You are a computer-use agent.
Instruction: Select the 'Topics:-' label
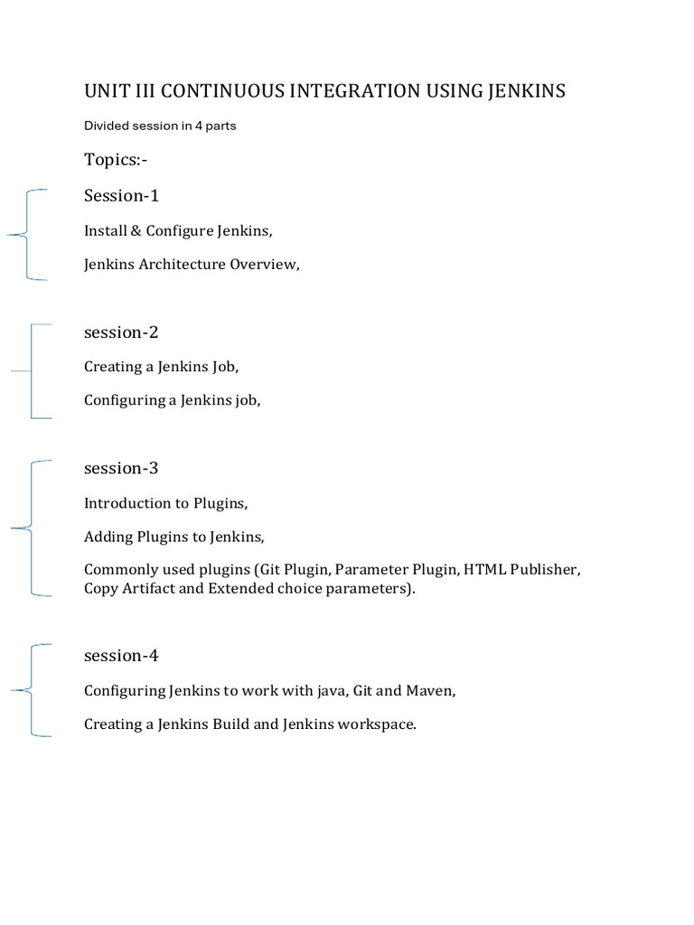coord(116,160)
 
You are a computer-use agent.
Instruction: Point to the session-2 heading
coord(121,332)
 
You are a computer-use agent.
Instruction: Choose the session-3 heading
coord(121,468)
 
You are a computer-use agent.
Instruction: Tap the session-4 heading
coord(121,655)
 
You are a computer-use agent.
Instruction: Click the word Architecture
coord(180,265)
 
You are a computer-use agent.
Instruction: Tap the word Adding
coord(108,537)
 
